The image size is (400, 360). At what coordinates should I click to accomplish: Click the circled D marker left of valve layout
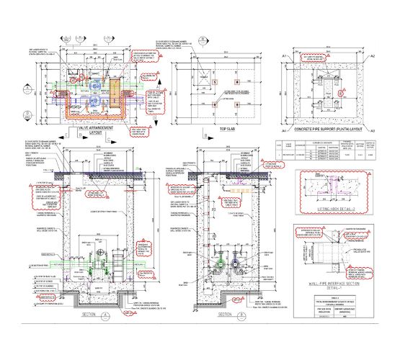(x=27, y=114)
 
